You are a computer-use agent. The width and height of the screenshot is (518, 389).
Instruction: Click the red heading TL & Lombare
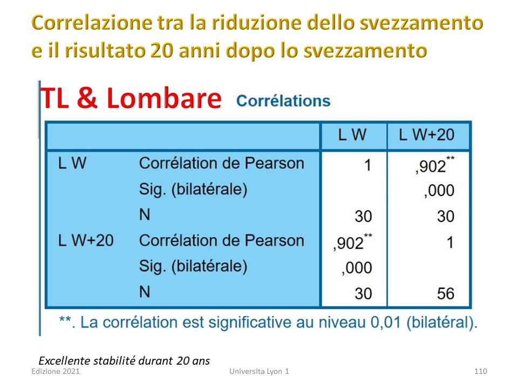pos(131,98)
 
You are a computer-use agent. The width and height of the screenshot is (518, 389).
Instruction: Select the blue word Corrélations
pos(283,100)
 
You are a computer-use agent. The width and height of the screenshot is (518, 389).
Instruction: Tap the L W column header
pos(352,135)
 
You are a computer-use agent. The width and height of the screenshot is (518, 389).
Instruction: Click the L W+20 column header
pos(426,135)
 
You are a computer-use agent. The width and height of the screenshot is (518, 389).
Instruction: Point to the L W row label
pos(72,163)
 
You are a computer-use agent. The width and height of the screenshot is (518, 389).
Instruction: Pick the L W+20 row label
pos(86,240)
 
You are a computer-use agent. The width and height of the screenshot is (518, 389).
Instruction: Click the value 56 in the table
pos(446,293)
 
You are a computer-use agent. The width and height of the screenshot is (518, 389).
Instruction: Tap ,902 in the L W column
pos(352,242)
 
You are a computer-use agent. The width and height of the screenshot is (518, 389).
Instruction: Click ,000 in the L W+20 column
pos(439,191)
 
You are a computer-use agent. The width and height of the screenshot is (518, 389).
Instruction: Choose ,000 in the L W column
pos(357,267)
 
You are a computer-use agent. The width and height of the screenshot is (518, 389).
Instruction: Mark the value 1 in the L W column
pos(367,165)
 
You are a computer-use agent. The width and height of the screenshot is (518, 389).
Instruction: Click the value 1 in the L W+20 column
pos(450,243)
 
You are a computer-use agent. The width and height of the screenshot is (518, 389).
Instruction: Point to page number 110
pos(481,371)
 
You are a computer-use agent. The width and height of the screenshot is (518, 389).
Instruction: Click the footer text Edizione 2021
pos(56,371)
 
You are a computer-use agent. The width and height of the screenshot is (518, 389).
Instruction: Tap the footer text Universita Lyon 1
pos(260,372)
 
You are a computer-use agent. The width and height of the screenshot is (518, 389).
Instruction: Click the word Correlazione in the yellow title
pos(92,23)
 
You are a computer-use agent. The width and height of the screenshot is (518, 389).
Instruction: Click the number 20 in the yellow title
pos(161,50)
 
